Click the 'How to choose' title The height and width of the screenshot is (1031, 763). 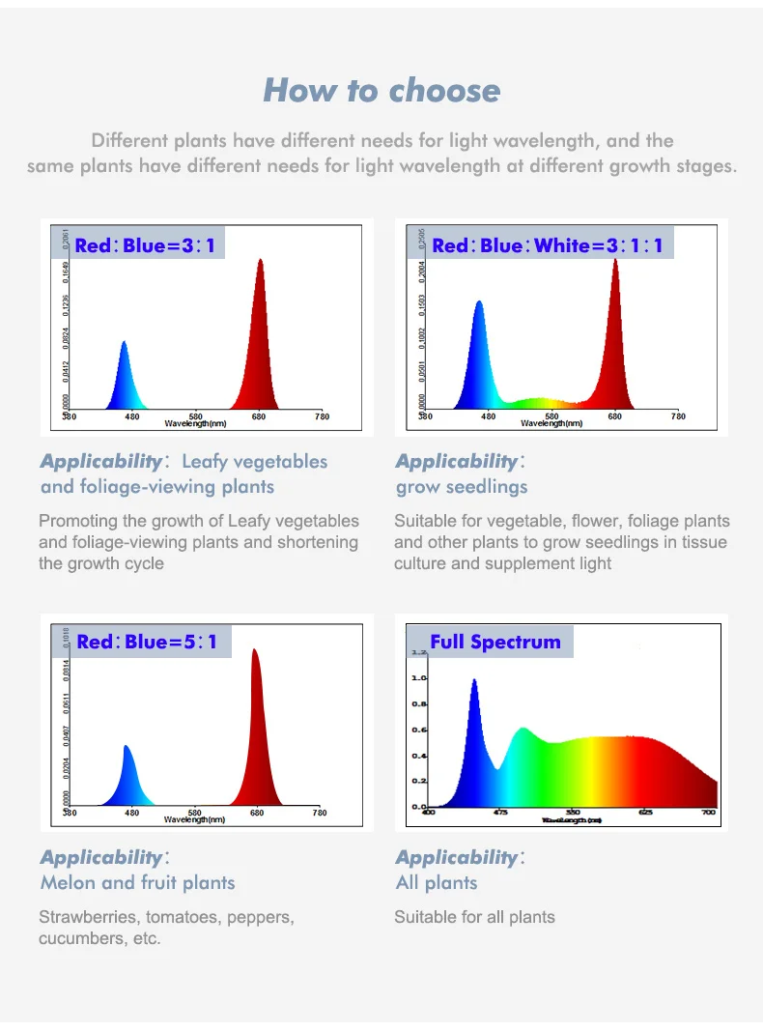(381, 91)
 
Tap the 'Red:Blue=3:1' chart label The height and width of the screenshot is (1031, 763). (145, 245)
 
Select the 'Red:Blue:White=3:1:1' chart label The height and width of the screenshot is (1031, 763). (548, 245)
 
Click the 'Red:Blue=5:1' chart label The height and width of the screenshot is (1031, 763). (147, 642)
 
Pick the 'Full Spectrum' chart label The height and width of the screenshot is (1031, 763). (495, 642)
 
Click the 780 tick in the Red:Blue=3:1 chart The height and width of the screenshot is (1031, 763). (322, 416)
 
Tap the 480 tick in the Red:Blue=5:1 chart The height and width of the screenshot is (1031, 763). (131, 813)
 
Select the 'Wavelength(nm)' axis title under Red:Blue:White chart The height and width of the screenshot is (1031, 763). (551, 423)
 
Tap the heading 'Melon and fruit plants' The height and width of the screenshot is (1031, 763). (137, 882)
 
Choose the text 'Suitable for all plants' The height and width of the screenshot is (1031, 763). (474, 917)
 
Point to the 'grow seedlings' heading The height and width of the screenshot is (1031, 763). (462, 487)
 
